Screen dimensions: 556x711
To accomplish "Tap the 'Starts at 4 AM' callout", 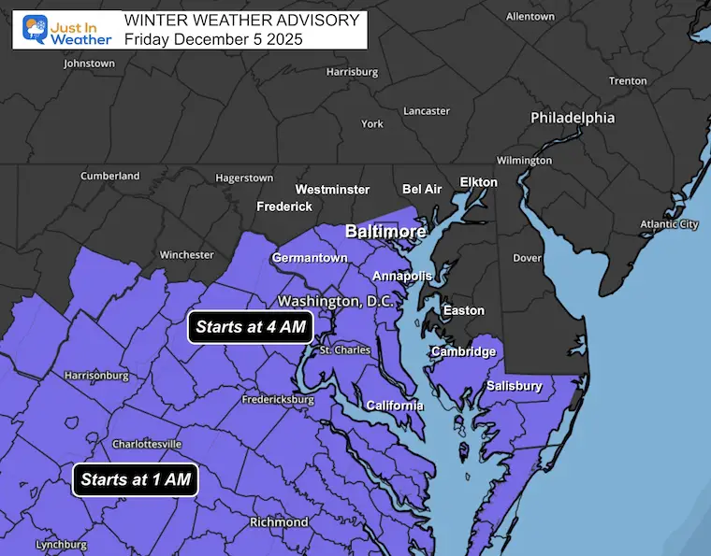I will (250, 328).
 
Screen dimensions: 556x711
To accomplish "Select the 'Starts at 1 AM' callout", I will (136, 480).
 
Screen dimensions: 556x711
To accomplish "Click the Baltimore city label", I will (385, 231).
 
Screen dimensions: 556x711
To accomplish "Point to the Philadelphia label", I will (573, 118).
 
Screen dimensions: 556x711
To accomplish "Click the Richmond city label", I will (279, 521).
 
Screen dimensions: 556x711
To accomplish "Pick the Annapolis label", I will (402, 277).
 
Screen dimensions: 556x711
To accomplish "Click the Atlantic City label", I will (669, 224).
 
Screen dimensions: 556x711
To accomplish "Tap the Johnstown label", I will (89, 64).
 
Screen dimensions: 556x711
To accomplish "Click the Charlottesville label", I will (147, 444).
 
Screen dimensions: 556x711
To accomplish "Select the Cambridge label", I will (463, 351).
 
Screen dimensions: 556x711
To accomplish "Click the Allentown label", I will (530, 17).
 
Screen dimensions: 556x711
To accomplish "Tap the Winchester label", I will (187, 254).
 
